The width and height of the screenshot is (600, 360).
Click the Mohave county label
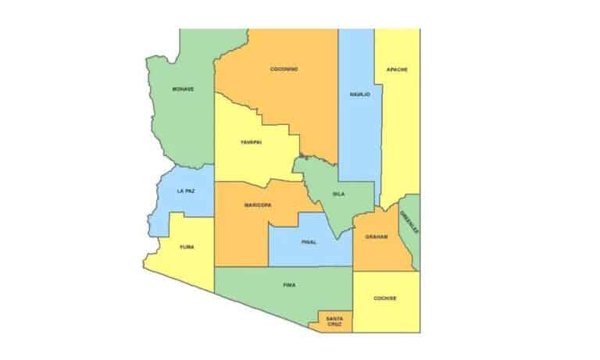click(183, 89)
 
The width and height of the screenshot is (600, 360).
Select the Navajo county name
click(359, 94)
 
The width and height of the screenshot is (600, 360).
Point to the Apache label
click(397, 70)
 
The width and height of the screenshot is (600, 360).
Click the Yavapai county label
click(250, 142)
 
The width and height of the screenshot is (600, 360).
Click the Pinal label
click(309, 242)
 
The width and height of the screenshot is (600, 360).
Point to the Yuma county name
click(187, 247)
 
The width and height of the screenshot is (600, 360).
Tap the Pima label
click(289, 285)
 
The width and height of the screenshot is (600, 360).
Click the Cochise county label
click(384, 298)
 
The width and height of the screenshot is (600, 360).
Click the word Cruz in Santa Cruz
click(334, 324)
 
